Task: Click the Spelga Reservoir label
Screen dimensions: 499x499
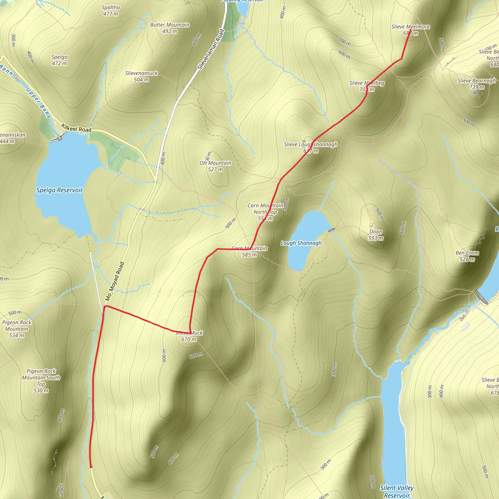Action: pyautogui.click(x=59, y=190)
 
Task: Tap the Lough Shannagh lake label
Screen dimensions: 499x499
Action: pyautogui.click(x=301, y=243)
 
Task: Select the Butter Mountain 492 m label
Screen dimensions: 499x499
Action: pyautogui.click(x=170, y=28)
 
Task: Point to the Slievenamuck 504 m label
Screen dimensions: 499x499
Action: pyautogui.click(x=141, y=77)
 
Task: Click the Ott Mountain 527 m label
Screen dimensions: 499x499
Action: pyautogui.click(x=215, y=166)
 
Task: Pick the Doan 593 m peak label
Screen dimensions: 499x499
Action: pyautogui.click(x=375, y=235)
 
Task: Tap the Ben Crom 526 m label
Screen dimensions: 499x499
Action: pyautogui.click(x=467, y=256)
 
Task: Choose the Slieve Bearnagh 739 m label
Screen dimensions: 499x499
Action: pyautogui.click(x=477, y=84)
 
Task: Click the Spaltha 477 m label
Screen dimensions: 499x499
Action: pyautogui.click(x=111, y=10)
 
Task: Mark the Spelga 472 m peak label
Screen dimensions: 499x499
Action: pyautogui.click(x=59, y=60)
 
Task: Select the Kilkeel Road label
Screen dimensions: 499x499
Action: pyautogui.click(x=76, y=128)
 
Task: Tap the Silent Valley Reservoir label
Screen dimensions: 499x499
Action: pyautogui.click(x=397, y=491)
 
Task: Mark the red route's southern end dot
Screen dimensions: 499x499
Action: pyautogui.click(x=91, y=467)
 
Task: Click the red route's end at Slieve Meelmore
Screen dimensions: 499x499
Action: pyautogui.click(x=410, y=30)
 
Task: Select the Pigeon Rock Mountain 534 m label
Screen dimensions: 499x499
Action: pyautogui.click(x=17, y=329)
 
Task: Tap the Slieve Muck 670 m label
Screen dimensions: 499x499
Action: pyautogui.click(x=189, y=336)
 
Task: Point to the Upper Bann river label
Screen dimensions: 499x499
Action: pyautogui.click(x=38, y=103)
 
